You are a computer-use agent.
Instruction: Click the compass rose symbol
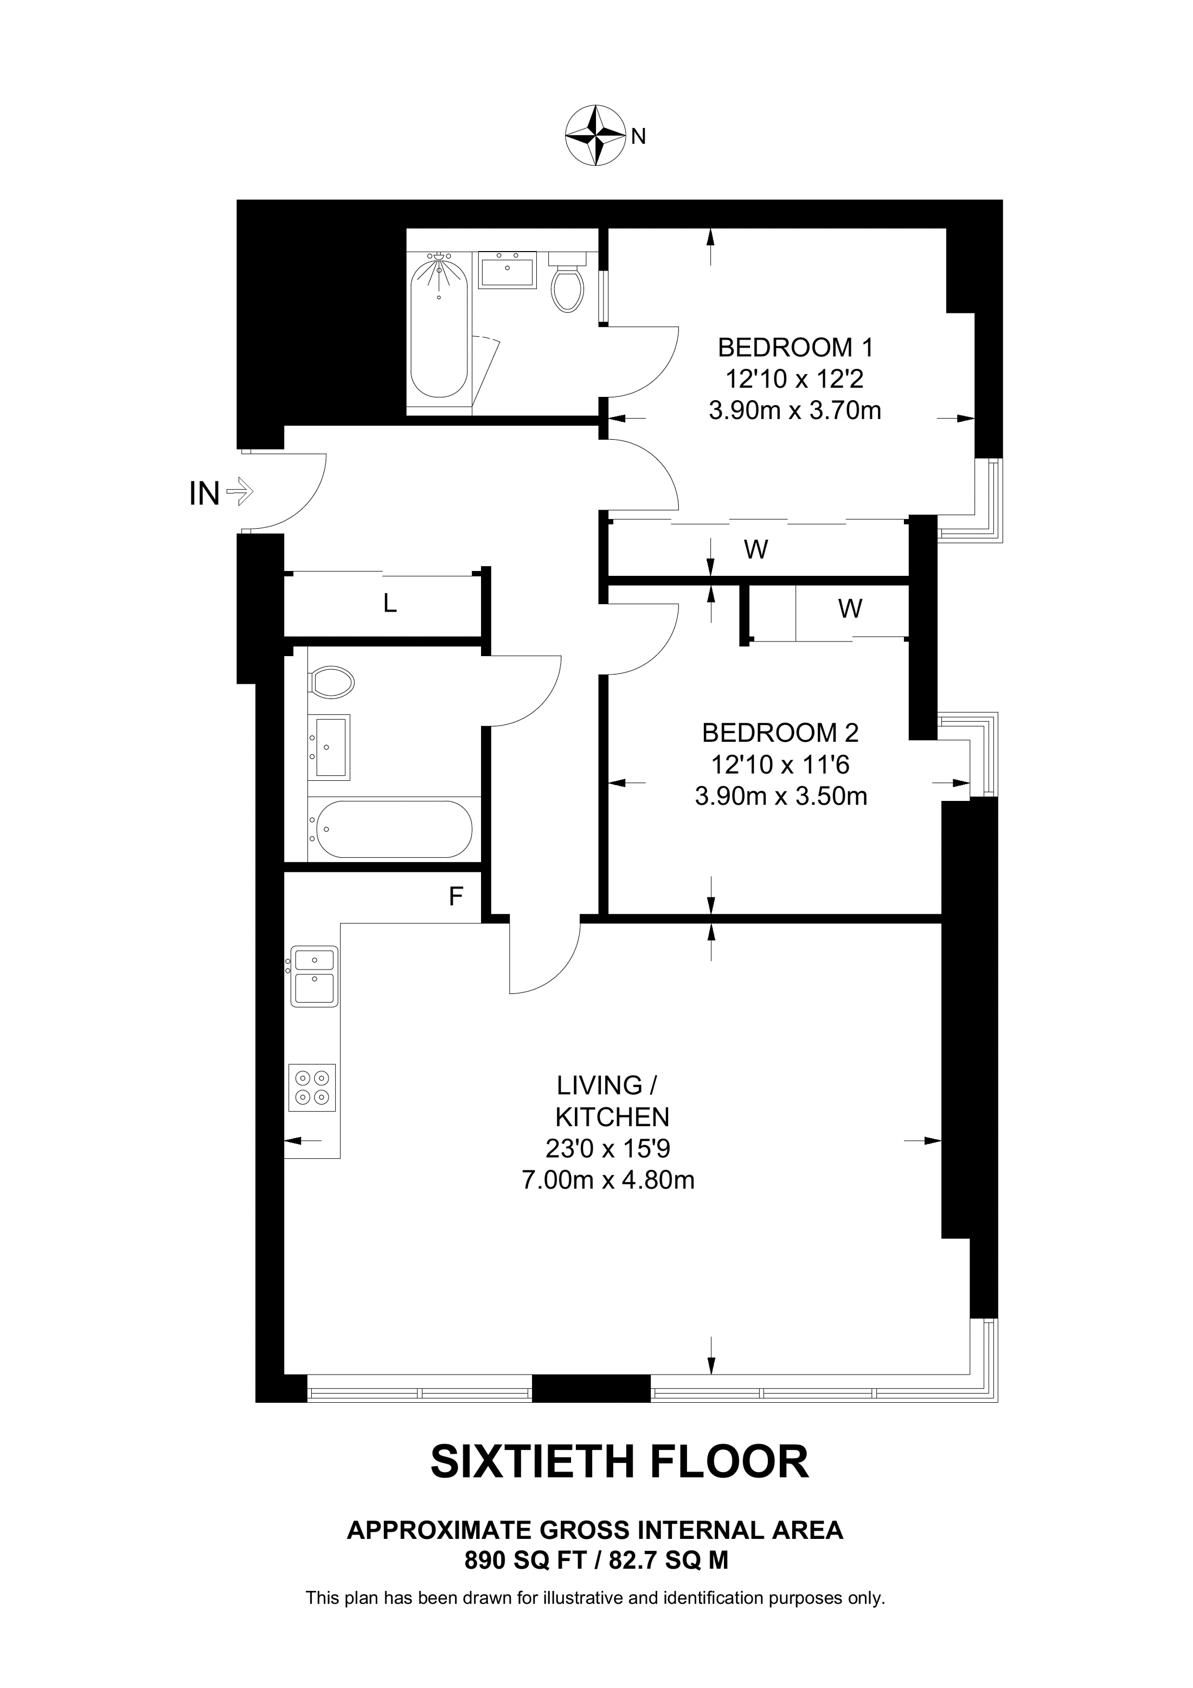click(595, 135)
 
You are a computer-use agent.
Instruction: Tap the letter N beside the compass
click(639, 136)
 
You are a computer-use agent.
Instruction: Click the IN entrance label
click(204, 493)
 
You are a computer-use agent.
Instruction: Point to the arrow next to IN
click(240, 491)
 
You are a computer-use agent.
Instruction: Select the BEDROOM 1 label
click(796, 346)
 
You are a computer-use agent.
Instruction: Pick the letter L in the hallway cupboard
click(389, 604)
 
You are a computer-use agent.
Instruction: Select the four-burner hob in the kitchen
click(312, 1087)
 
